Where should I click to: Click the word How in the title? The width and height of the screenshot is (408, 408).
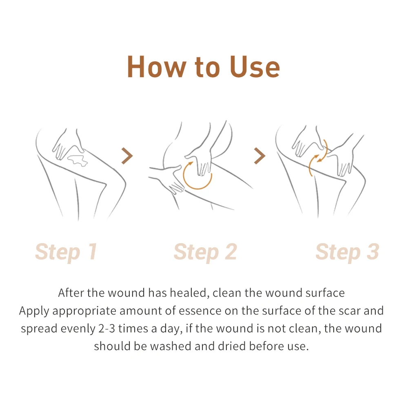coord(155,67)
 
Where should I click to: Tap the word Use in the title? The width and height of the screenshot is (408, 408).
coord(255,67)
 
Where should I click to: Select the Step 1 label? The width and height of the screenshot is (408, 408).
coord(66,252)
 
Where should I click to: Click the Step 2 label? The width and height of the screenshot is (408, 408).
coord(205,252)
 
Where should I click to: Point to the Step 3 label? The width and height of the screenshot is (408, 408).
coord(347,252)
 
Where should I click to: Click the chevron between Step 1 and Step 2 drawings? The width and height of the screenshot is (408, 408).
coord(127,156)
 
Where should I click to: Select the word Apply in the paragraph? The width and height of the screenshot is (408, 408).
coord(34,311)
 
